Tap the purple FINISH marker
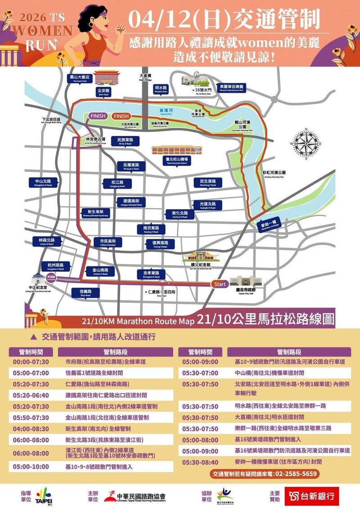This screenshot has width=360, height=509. (98, 116)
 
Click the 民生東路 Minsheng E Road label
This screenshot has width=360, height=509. (208, 183)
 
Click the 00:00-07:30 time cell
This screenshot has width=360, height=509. (31, 361)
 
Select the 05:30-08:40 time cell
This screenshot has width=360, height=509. (200, 461)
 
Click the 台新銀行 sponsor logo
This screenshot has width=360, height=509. (311, 496)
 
